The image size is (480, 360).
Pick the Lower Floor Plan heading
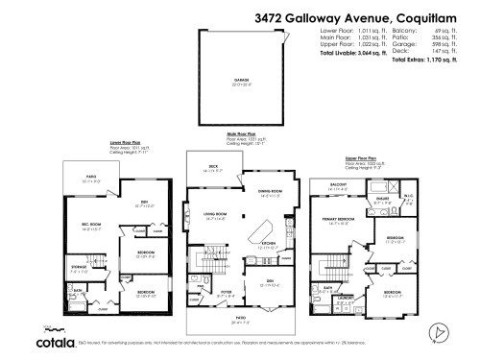128,141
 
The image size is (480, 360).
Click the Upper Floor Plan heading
361,156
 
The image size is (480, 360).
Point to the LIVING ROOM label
214,215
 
